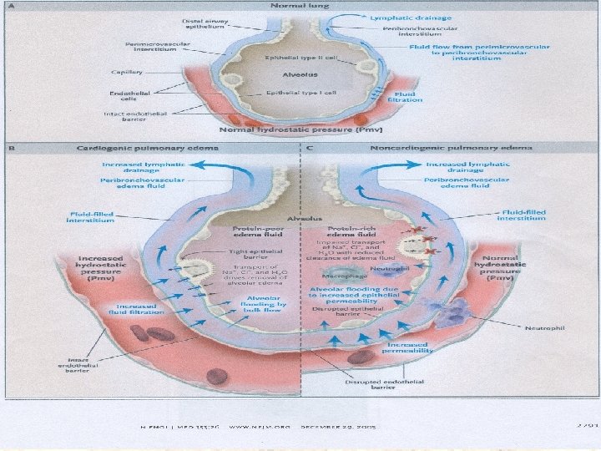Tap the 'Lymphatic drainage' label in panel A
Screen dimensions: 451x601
(x=399, y=17)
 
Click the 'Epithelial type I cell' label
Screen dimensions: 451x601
(x=300, y=93)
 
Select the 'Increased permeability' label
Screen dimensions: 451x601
(x=407, y=348)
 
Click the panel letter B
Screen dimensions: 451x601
(x=11, y=148)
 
